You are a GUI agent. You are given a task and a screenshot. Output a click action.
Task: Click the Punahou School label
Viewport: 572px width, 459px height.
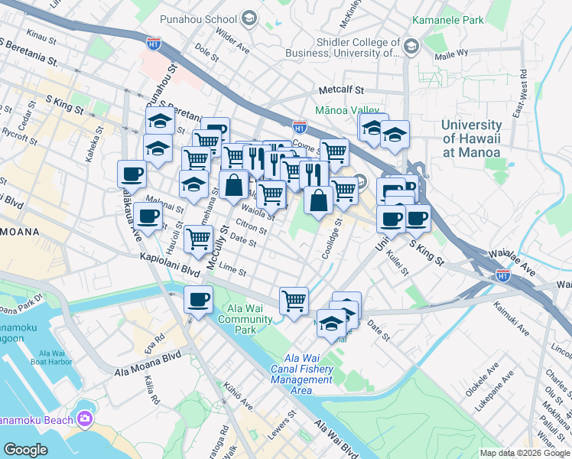(x=198, y=18)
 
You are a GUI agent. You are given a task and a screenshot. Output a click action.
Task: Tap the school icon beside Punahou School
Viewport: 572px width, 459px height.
(x=249, y=18)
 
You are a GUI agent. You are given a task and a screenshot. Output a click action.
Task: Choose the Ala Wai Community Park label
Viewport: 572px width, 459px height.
(x=245, y=319)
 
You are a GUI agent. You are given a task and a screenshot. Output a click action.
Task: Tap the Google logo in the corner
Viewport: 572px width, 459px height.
(x=25, y=449)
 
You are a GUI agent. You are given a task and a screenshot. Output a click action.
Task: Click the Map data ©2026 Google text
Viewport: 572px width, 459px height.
(x=525, y=453)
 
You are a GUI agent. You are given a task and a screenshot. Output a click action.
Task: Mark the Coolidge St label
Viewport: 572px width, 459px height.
(x=330, y=240)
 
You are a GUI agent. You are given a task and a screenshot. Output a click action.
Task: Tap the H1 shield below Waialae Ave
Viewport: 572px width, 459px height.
(x=502, y=275)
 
